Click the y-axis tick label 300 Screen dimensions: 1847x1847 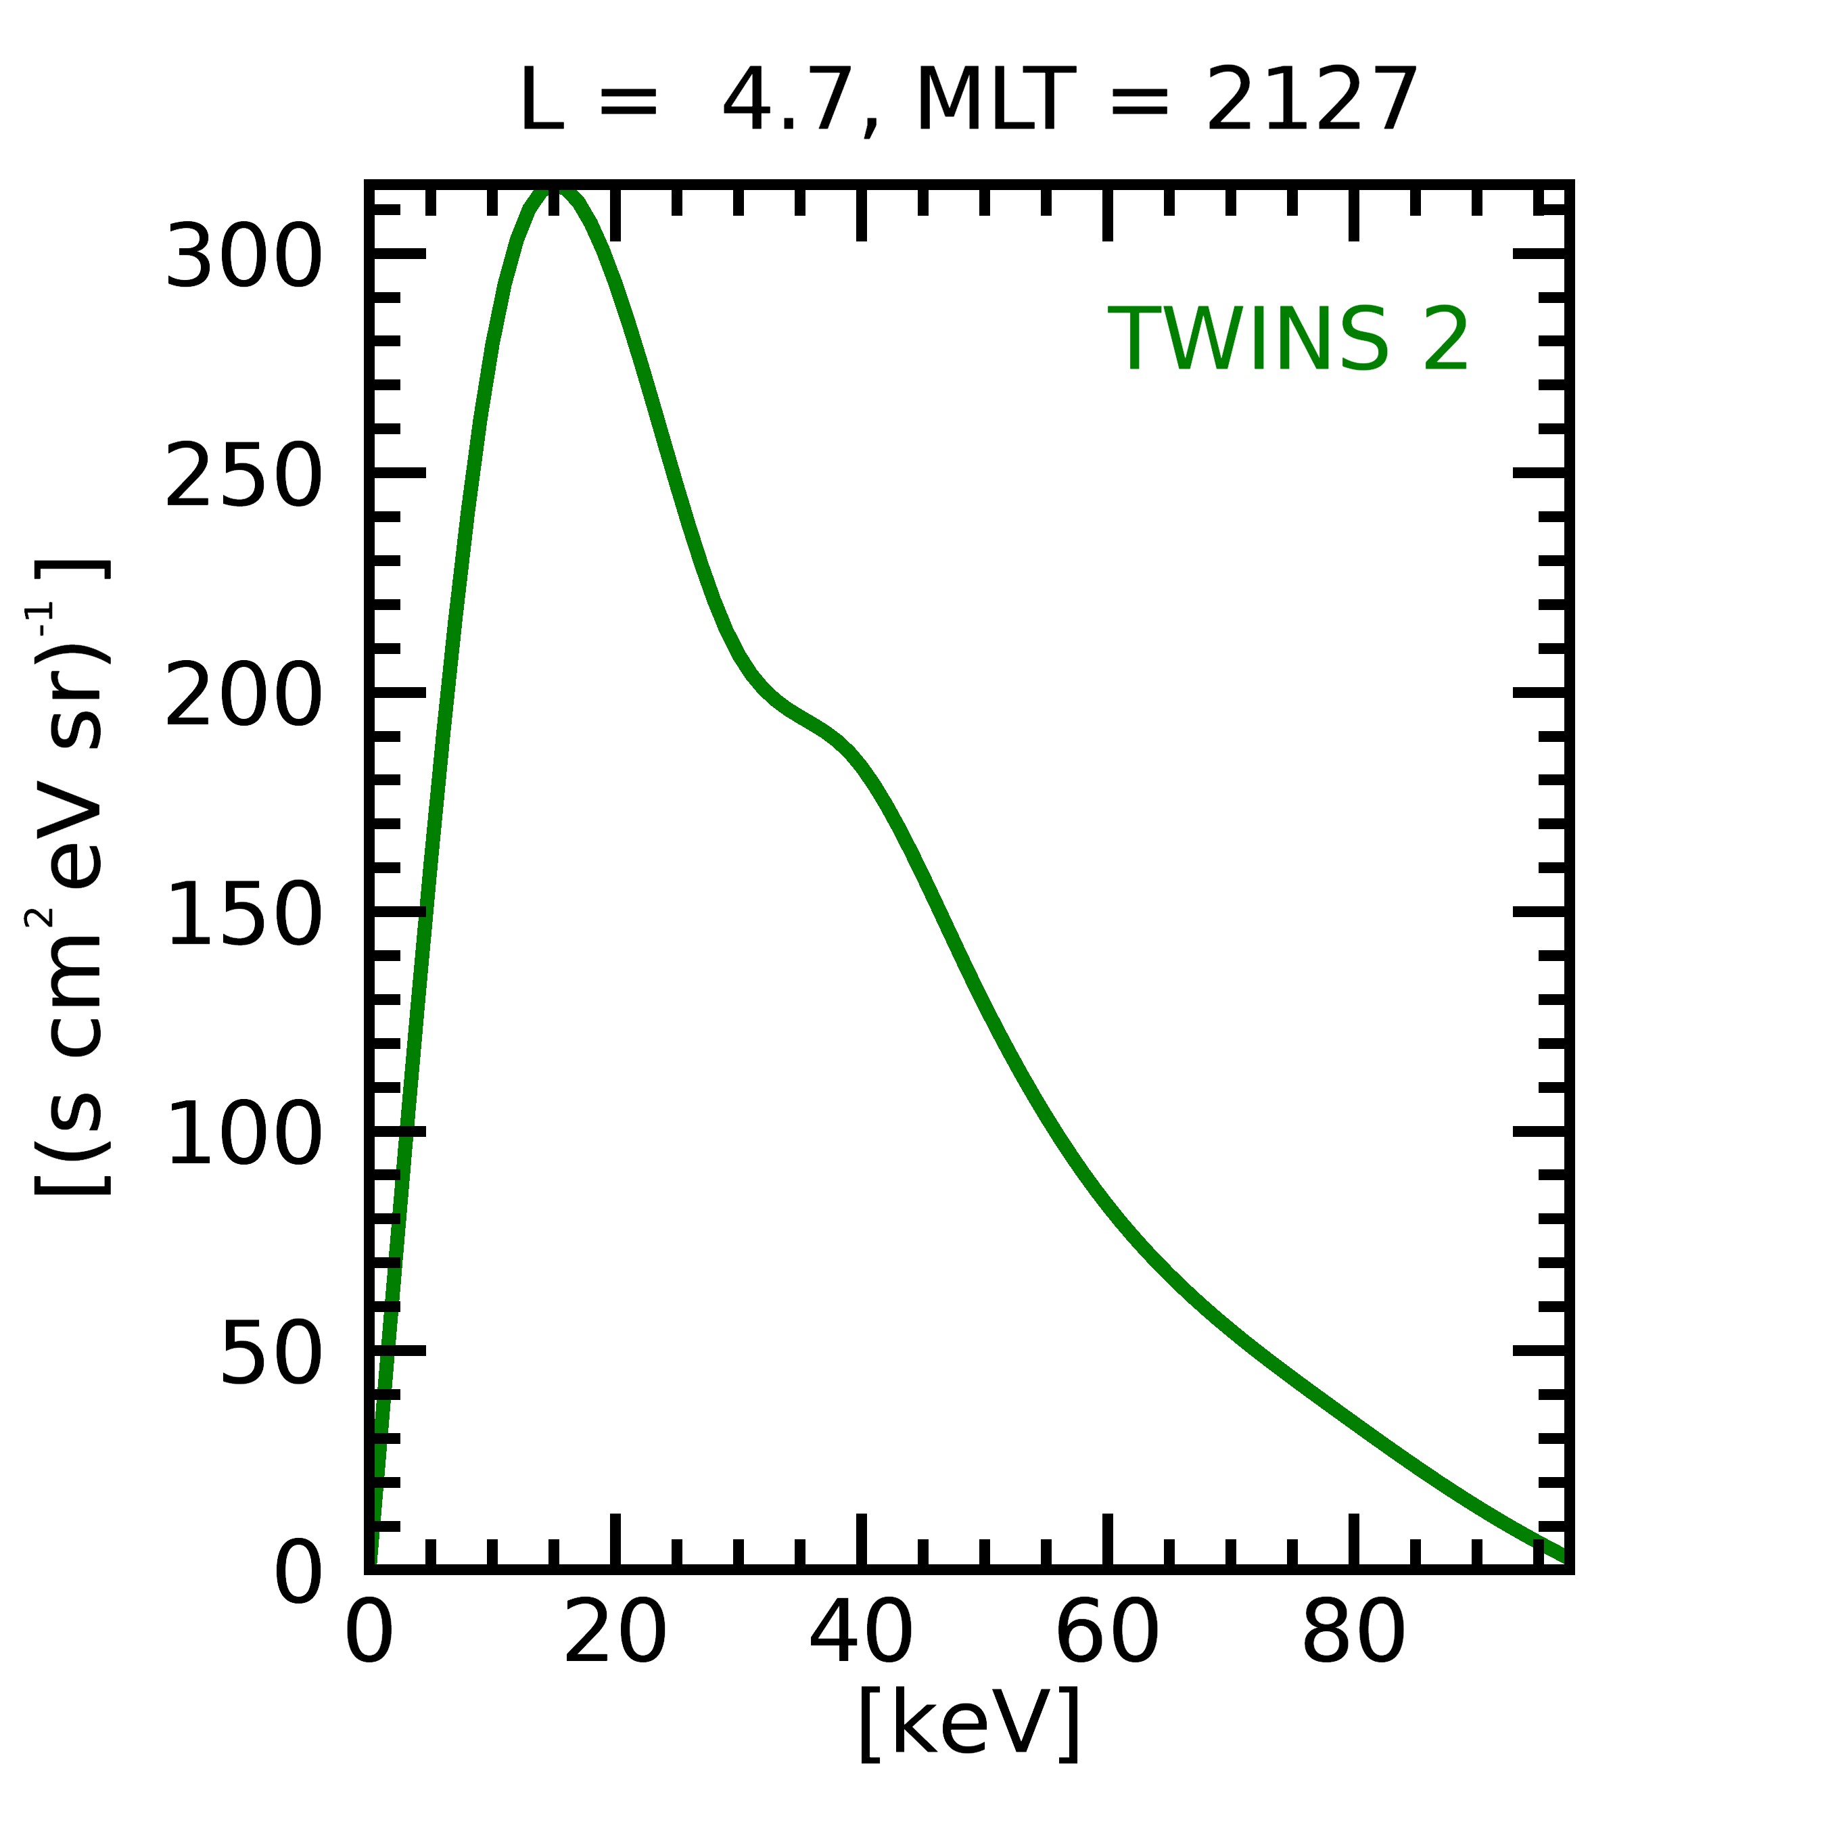pos(243,256)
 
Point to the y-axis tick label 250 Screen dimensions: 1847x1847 pos(243,476)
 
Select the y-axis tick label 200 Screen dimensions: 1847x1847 pos(243,696)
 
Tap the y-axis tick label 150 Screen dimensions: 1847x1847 pos(243,916)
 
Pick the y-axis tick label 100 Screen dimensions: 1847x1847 pos(243,1135)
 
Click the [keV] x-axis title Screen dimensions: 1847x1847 pos(969,1724)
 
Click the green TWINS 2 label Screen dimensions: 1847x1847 pos(1288,340)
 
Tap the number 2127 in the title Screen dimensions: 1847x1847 pos(1311,100)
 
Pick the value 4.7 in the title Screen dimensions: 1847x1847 pos(786,100)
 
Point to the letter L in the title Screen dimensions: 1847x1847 pos(540,100)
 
